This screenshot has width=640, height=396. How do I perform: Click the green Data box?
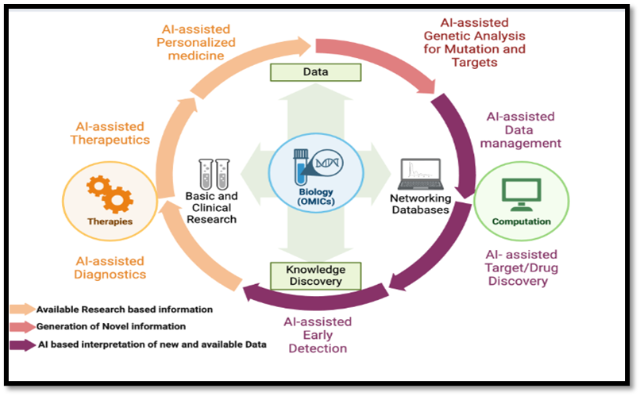[316, 72]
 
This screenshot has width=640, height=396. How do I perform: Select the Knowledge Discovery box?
[316, 275]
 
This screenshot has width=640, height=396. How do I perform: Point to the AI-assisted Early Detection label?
[317, 334]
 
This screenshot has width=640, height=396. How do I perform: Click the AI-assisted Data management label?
[523, 129]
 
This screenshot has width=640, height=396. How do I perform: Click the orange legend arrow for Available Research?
[21, 309]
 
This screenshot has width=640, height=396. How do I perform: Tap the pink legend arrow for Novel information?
[21, 326]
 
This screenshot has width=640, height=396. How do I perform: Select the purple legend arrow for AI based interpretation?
[21, 344]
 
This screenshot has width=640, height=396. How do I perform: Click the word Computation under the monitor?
[521, 221]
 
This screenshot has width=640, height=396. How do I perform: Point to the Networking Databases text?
[420, 204]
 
